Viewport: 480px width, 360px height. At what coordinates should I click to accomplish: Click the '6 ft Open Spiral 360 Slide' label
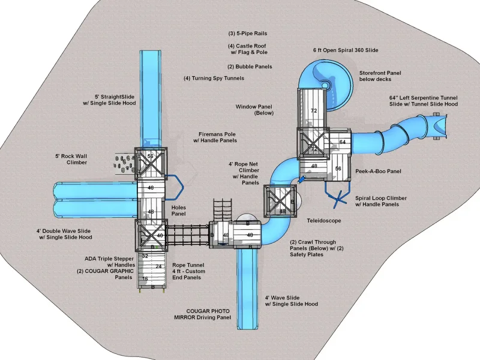click(x=346, y=50)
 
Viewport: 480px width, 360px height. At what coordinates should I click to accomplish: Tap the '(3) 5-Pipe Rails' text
click(x=248, y=34)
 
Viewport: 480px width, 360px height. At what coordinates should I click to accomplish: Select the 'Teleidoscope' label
click(x=324, y=220)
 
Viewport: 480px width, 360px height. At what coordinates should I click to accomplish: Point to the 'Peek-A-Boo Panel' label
click(x=378, y=171)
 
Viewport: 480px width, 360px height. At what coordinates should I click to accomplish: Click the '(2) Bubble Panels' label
click(x=250, y=67)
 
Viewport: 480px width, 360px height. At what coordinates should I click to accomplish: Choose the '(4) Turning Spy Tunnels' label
click(x=214, y=78)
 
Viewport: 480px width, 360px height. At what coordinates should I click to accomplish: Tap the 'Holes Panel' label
click(x=178, y=211)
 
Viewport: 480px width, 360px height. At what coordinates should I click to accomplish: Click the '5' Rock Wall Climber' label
click(x=71, y=159)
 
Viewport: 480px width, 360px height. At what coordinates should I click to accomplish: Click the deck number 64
click(x=342, y=142)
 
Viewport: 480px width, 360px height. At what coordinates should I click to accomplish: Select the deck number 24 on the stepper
click(x=158, y=266)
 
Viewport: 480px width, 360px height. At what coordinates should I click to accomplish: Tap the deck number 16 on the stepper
click(x=145, y=278)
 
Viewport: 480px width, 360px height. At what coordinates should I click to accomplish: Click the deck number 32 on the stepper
click(x=145, y=256)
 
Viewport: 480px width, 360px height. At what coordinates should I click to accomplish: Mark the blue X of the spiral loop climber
click(x=338, y=199)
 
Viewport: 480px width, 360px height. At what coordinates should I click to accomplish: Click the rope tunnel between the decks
click(x=188, y=235)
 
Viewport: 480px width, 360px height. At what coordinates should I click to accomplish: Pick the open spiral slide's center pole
click(x=325, y=84)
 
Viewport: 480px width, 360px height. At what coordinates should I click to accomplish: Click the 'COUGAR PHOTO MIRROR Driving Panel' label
click(x=203, y=314)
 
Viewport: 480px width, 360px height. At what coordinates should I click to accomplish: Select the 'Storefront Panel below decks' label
click(x=380, y=76)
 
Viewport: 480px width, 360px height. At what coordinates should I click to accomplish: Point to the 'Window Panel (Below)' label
click(x=254, y=110)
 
